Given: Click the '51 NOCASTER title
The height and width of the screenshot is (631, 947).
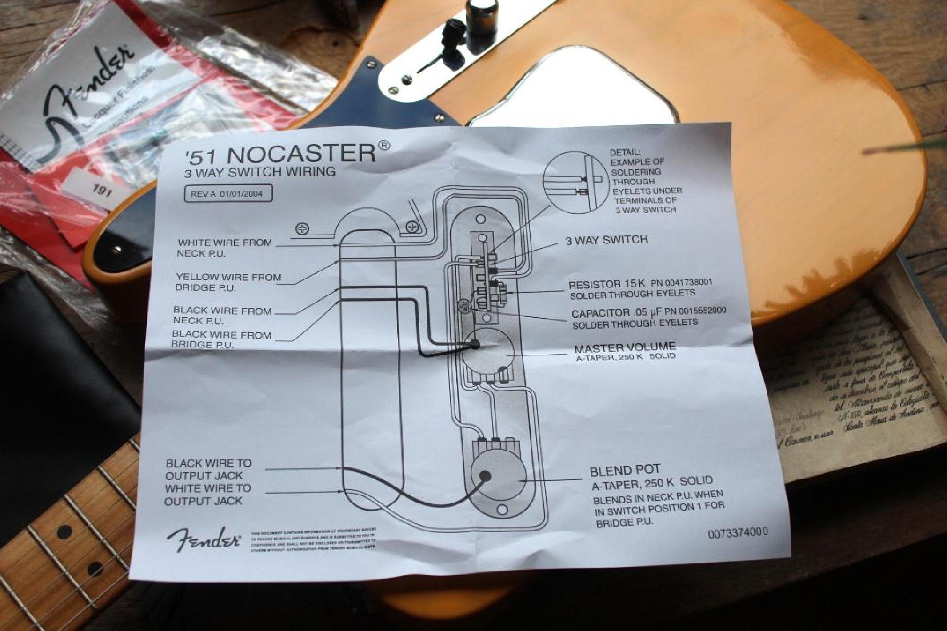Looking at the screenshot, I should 280,152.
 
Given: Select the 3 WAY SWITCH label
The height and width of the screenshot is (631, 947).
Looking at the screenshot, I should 606,240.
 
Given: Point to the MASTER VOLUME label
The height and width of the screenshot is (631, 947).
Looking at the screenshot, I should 625,347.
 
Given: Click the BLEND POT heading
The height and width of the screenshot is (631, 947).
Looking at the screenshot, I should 625,470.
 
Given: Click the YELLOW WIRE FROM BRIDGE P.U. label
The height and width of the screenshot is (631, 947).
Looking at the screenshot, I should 228,282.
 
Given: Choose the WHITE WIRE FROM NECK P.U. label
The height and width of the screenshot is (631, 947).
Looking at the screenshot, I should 224,248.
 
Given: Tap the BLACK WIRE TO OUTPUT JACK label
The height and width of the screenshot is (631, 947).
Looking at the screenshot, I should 208,469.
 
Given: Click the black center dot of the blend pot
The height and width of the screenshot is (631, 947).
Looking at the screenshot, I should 485,476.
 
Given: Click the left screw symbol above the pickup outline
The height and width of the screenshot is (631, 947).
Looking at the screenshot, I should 303,229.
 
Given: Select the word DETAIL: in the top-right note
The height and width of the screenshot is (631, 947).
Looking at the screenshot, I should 625,152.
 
